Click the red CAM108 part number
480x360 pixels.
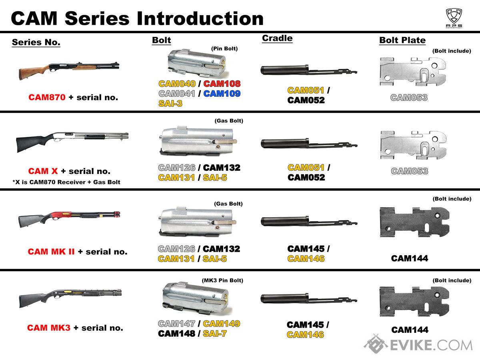[222, 84]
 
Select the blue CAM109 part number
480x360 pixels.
[222, 94]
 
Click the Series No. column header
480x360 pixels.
[36, 42]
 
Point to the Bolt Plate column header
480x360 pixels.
[402, 40]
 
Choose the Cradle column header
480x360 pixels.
[277, 38]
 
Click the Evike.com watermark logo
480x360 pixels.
[418, 344]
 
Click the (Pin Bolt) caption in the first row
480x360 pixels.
[224, 49]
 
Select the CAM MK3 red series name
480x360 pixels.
[49, 328]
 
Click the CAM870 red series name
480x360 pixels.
[46, 97]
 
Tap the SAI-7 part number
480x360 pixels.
[215, 333]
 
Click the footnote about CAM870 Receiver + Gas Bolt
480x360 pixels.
[66, 182]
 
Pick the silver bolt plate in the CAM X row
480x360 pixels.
[413, 146]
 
